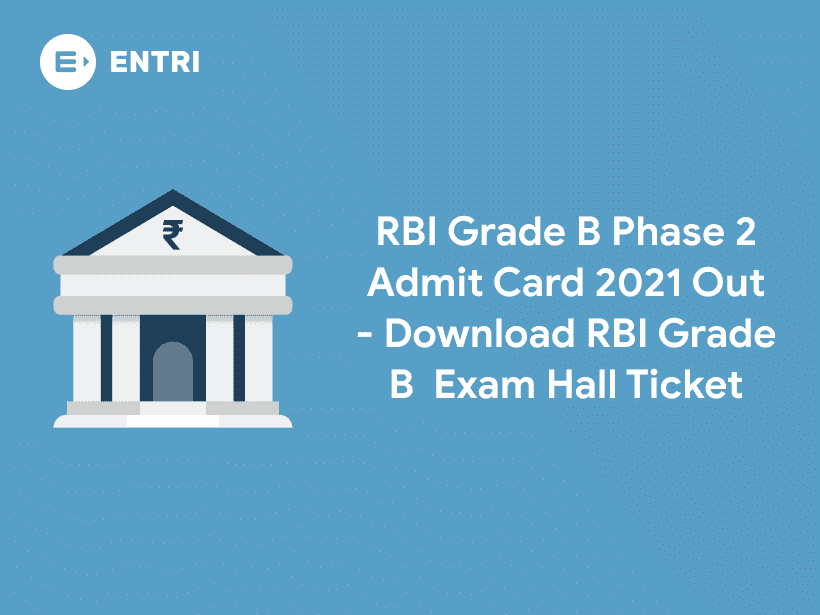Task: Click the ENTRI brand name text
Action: [x=154, y=60]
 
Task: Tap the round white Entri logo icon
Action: [x=68, y=61]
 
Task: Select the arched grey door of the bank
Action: [x=172, y=372]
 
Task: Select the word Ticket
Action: [x=693, y=384]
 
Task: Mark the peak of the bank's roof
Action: [x=172, y=193]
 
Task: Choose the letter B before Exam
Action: [x=401, y=384]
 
